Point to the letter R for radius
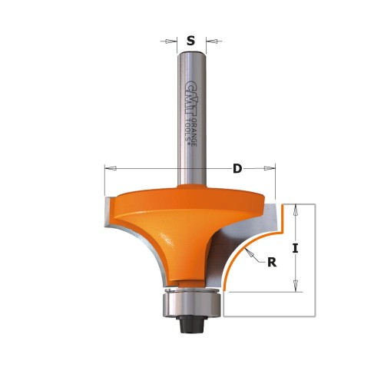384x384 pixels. pyautogui.click(x=271, y=262)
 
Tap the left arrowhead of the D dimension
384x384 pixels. pyautogui.click(x=107, y=167)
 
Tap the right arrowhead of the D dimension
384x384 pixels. pyautogui.click(x=270, y=167)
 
